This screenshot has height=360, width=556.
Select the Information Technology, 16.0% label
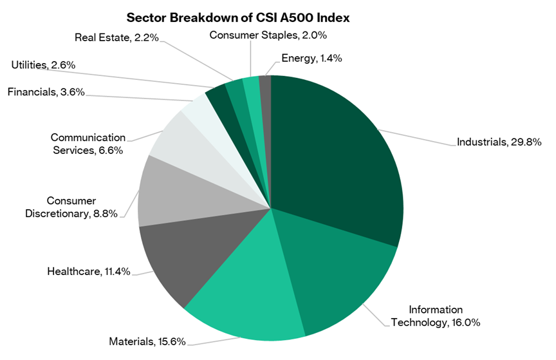coord(436,316)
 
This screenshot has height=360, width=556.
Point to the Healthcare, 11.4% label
coord(89,271)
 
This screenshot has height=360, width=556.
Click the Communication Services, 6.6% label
coord(87,144)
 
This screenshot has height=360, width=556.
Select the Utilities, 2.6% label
coord(43,64)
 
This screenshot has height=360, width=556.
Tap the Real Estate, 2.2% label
coord(112,38)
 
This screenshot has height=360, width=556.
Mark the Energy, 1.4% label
coord(311,58)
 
